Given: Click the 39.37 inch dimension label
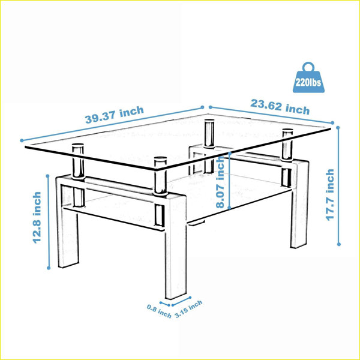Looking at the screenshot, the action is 115,115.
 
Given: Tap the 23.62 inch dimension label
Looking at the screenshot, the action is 280,107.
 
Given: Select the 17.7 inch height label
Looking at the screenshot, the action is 330,195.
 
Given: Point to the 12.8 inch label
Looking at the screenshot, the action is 37,217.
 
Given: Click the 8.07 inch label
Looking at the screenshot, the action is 220,182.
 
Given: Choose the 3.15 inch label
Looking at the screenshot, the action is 188,309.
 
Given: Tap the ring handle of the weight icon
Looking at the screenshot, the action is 308,67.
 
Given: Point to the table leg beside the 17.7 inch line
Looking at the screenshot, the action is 299,205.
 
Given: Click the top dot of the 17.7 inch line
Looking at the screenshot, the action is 338,128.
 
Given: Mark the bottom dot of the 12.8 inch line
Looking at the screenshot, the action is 49,268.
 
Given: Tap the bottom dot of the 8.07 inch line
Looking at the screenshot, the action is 229,208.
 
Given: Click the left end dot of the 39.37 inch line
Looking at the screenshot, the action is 22,140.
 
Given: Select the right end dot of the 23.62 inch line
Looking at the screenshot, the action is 332,123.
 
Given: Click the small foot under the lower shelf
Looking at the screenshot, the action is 197,223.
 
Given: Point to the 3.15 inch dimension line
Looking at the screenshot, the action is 181,301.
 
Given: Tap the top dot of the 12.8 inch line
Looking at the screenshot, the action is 48,176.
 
